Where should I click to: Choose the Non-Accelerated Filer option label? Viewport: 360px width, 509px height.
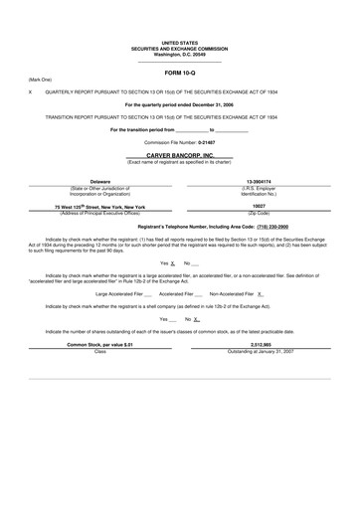(x=231, y=294)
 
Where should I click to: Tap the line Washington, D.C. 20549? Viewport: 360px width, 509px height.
(x=179, y=54)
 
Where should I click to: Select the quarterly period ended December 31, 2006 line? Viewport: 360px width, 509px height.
(x=179, y=103)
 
